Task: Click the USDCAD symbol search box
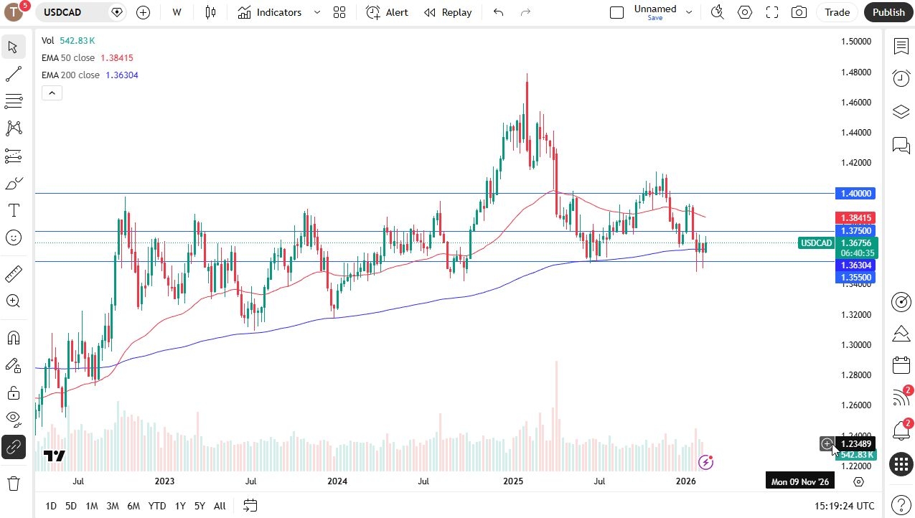pos(72,12)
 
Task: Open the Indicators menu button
pos(270,12)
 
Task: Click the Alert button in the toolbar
pos(387,12)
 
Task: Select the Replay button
pos(448,12)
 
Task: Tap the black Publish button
pos(888,12)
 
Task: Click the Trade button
pos(837,12)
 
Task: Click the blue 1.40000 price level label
pos(855,193)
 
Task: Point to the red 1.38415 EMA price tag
pos(855,217)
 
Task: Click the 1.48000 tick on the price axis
pos(855,72)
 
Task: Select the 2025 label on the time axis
pos(513,481)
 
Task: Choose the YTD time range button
pos(157,506)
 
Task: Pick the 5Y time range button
pos(200,506)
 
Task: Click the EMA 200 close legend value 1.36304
pos(122,75)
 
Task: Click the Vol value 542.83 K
pos(78,41)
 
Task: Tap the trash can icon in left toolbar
pos(14,484)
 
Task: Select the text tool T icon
pos(14,210)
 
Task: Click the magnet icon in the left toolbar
pos(14,338)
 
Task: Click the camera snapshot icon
pos(799,12)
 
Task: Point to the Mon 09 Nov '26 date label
pos(799,481)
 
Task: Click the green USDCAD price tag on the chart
pos(816,243)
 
